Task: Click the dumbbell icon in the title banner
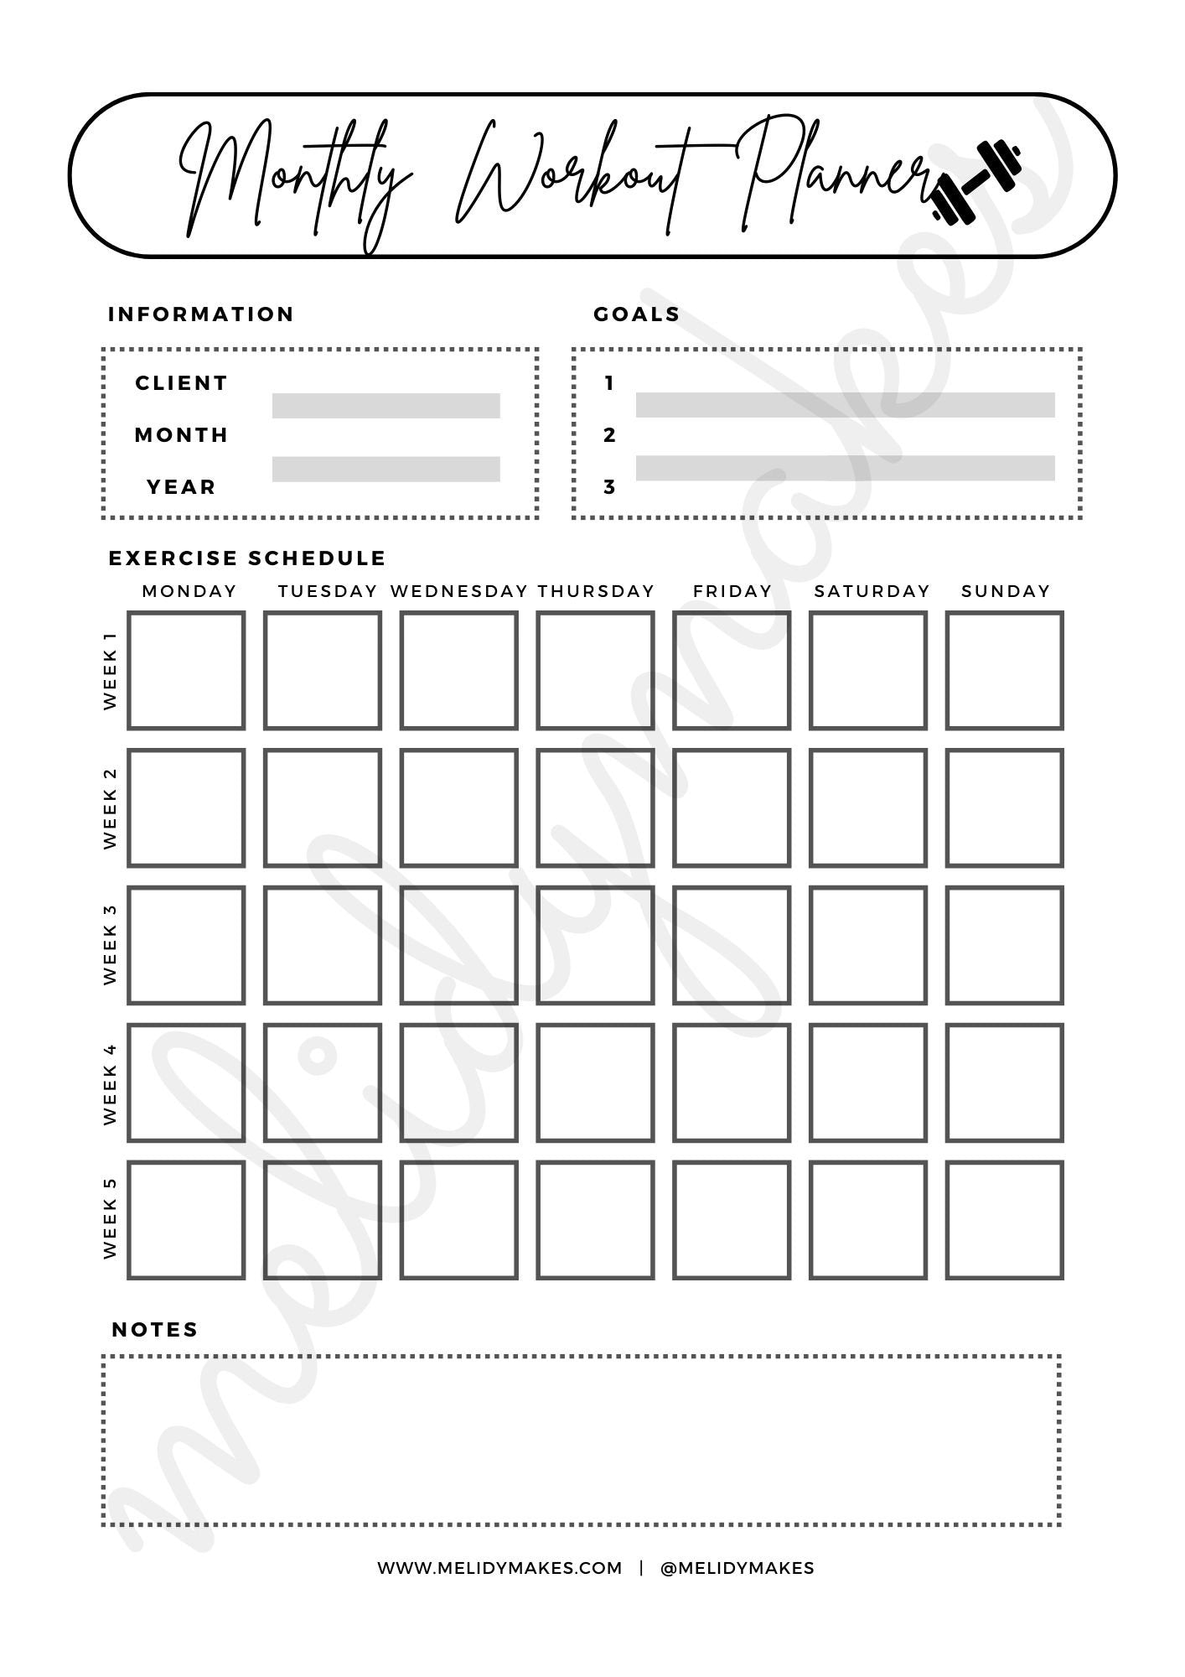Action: coord(977,183)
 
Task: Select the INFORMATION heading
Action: coord(201,314)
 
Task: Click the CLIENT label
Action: coord(182,383)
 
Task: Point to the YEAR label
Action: coord(182,487)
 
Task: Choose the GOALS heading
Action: coord(637,314)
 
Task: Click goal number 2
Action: coord(609,435)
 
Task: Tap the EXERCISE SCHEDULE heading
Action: coord(247,558)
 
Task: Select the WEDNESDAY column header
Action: coord(459,591)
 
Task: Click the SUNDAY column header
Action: coord(1006,591)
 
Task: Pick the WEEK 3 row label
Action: coord(111,944)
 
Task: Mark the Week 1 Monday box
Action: coord(186,671)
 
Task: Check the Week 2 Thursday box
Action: coord(595,807)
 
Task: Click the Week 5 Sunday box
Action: coord(1004,1220)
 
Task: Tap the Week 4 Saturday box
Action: coord(868,1083)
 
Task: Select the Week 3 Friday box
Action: coord(732,945)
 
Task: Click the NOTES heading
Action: coord(155,1330)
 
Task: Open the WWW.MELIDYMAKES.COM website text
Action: coord(499,1568)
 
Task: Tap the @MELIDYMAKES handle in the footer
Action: coord(737,1568)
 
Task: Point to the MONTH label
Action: coord(182,435)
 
